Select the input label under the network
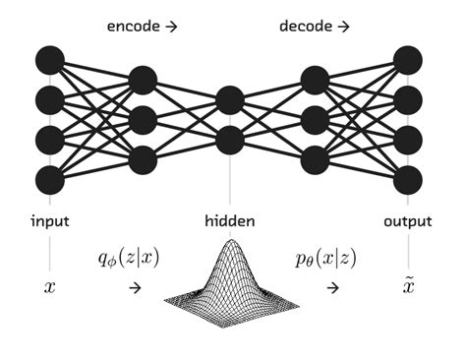pos(49,222)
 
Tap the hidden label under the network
pos(230,222)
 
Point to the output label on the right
pos(408,222)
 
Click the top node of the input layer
pos(50,60)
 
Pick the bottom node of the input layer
pos(50,180)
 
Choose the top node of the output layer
pos(408,60)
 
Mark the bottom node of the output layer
pos(408,180)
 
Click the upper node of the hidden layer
pos(230,100)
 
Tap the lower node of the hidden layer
pos(230,140)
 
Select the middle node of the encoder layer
pos(143,120)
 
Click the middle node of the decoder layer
pos(316,120)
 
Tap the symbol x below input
pos(50,287)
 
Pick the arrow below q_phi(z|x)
pos(135,287)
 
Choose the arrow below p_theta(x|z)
pos(332,287)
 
